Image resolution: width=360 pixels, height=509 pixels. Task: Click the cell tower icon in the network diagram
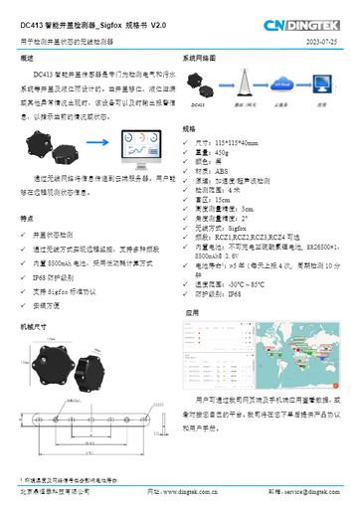tap(234, 85)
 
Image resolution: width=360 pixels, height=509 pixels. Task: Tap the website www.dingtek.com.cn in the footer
tap(188, 491)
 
